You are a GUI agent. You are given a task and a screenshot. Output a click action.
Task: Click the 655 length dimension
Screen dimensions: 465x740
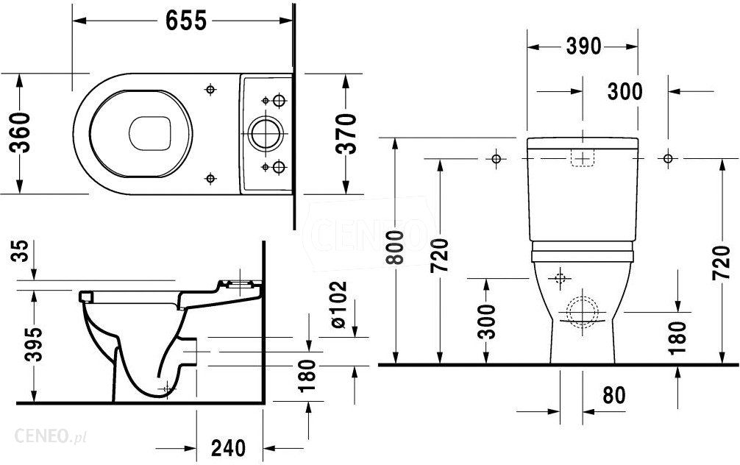point(185,21)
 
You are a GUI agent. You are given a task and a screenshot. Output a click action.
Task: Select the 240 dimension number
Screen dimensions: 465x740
point(228,447)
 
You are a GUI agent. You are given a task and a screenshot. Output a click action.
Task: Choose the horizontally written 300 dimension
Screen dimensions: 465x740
point(625,91)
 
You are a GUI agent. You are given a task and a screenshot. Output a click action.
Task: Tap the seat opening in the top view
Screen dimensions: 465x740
point(149,134)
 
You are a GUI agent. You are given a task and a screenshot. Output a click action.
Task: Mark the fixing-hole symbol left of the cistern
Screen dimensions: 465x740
point(496,158)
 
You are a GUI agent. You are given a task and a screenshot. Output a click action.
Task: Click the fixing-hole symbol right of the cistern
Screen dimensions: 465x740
point(669,158)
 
